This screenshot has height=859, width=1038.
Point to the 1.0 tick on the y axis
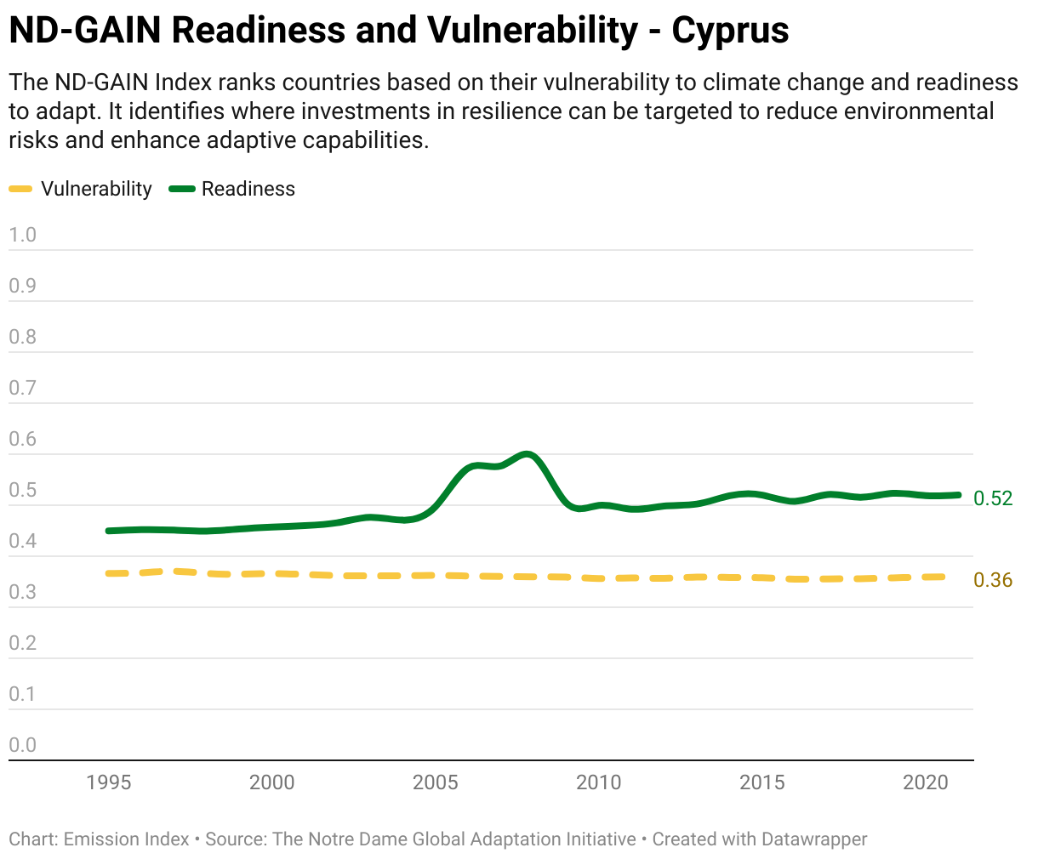[22, 235]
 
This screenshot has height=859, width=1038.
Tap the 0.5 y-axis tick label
[22, 490]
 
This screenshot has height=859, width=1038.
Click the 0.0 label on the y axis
[22, 745]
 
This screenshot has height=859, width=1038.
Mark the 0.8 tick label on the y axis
[22, 337]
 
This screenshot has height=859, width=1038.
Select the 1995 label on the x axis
[109, 782]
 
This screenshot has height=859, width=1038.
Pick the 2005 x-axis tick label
[436, 782]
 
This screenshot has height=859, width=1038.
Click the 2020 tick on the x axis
[926, 782]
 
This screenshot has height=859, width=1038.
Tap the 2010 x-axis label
[598, 782]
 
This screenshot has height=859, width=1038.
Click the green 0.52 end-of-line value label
[993, 498]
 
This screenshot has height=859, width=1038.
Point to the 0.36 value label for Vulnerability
[993, 580]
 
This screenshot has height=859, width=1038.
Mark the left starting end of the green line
[108, 531]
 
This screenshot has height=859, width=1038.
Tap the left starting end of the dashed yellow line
[108, 574]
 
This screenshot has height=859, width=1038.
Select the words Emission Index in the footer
[126, 839]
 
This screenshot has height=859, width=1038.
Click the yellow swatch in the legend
[20, 189]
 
